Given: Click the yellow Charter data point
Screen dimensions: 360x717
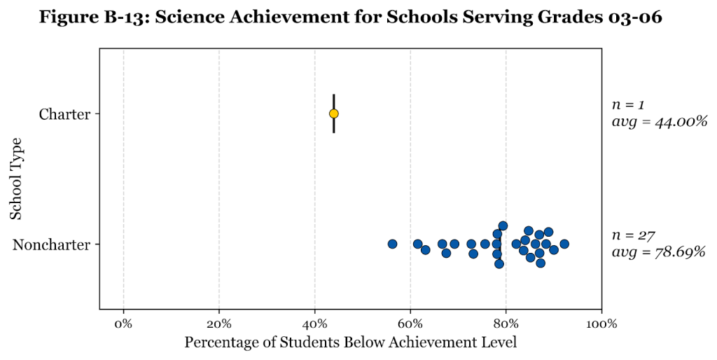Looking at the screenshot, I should coord(334,113).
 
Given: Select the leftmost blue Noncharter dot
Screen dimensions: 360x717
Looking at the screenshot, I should coord(392,244).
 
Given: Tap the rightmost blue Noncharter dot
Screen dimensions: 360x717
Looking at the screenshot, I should coord(564,244).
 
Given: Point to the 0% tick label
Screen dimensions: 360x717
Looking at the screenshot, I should coord(123,324).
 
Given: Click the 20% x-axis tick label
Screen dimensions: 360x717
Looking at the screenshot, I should coord(219,324).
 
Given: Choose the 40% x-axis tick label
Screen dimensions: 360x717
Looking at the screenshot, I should coord(314,324).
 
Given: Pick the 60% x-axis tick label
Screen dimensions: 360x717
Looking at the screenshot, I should coord(410,324).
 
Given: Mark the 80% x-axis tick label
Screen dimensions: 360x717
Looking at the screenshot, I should coord(506,324).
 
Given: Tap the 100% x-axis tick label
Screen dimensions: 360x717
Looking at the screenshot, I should coord(601,324).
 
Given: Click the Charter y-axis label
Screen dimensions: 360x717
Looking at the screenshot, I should coord(64,114).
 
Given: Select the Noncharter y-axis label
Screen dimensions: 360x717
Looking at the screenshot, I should coord(52,244).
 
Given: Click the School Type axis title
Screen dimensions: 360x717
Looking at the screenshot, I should coord(16,179).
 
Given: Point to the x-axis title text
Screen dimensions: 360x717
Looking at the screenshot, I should coord(350,342).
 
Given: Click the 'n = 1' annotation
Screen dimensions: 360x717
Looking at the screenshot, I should coord(628,105).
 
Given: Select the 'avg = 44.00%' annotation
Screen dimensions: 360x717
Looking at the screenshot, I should coord(659,122).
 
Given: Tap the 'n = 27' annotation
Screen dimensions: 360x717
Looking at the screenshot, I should coord(632,235).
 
